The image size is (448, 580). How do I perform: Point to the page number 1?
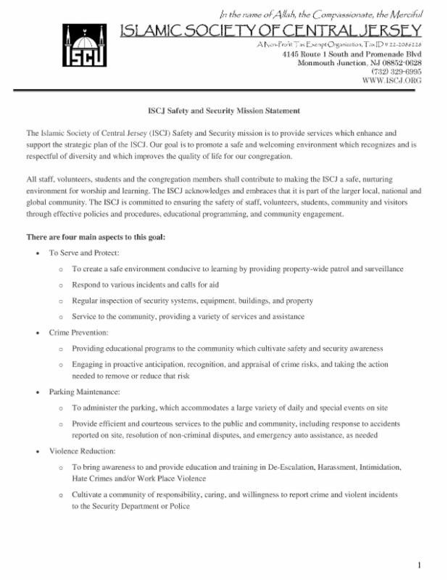pos(420,565)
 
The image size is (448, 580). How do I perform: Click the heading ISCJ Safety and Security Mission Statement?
pos(224,111)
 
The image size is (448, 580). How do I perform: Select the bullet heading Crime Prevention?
pos(78,332)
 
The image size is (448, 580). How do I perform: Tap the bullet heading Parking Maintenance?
pos(84,391)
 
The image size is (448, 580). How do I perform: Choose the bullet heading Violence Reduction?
pos(83,450)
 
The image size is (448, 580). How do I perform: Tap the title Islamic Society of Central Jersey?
pos(270,30)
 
